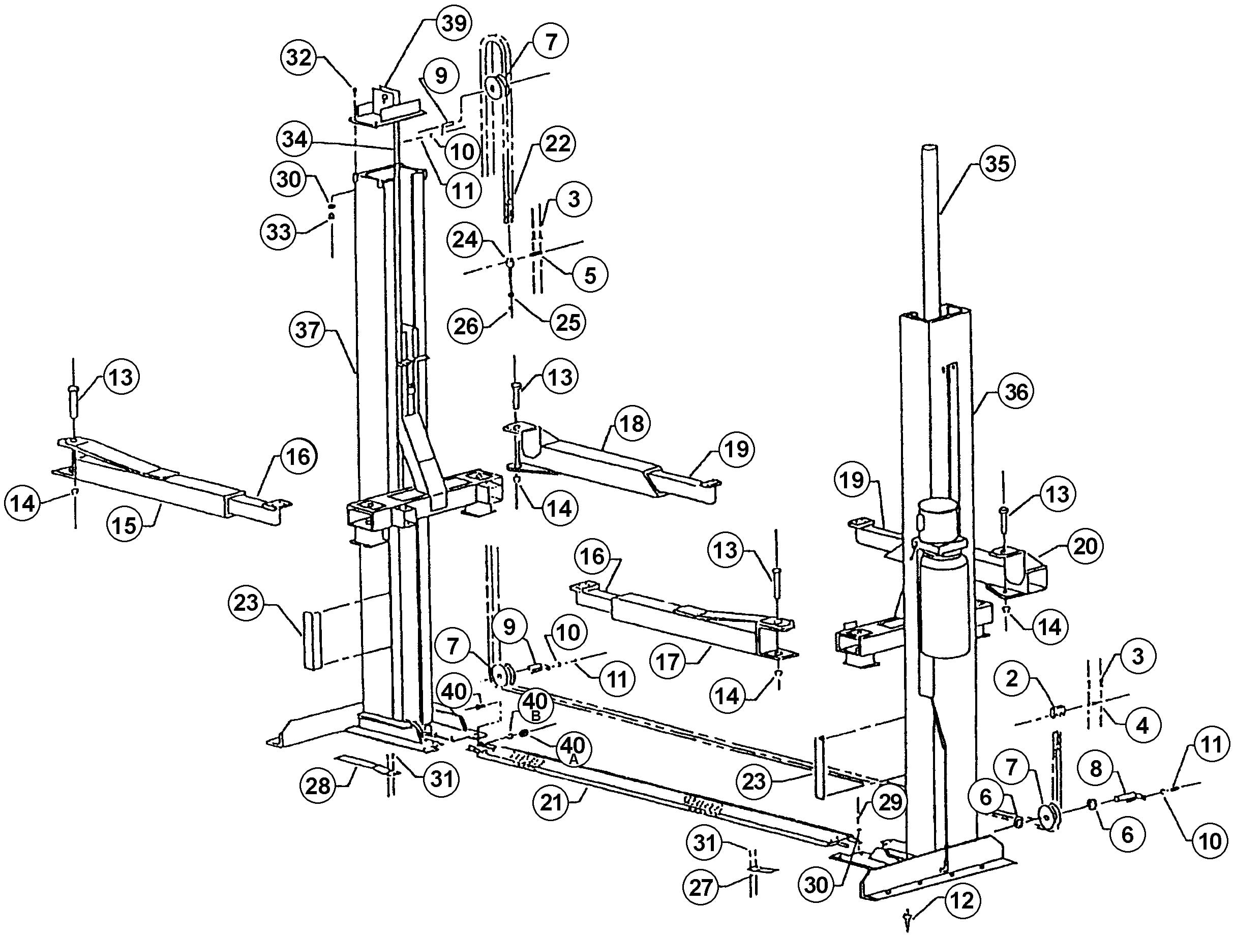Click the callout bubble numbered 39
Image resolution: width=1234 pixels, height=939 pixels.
tap(454, 23)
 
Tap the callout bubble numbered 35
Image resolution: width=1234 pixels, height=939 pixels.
tap(997, 164)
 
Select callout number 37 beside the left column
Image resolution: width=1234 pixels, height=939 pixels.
tap(307, 330)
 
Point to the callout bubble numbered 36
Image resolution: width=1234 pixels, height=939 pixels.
tap(1016, 392)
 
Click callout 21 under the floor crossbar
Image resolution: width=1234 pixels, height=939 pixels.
tap(551, 803)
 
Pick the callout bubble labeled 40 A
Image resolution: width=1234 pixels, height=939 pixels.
tap(572, 749)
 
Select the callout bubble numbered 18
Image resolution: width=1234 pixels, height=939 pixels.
tap(632, 424)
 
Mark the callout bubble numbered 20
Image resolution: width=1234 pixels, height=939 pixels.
tap(1085, 546)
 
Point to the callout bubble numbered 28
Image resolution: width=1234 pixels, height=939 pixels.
tap(318, 786)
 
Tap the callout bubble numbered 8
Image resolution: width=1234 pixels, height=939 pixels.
tap(1095, 769)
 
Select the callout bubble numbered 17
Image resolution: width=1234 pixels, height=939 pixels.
tap(668, 663)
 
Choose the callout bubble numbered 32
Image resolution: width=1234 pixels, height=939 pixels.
tap(299, 57)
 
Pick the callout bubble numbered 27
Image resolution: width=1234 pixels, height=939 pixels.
tap(701, 887)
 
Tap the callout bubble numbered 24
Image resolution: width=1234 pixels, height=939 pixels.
tap(465, 240)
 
